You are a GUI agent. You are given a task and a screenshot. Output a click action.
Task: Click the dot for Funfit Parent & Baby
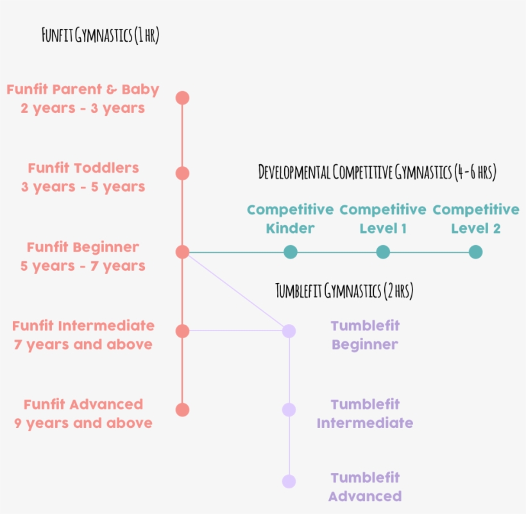(182, 98)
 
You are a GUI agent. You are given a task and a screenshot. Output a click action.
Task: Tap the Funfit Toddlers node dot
(182, 173)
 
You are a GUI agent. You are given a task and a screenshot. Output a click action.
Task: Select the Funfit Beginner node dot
(182, 252)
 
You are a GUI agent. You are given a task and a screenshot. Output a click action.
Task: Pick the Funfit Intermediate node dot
(182, 331)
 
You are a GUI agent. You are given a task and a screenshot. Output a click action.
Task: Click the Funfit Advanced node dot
(182, 409)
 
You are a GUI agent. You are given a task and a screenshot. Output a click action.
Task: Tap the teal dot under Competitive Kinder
(290, 252)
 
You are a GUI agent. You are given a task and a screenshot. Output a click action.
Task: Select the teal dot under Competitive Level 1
(383, 252)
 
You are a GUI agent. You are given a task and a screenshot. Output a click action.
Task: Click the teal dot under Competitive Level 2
(475, 252)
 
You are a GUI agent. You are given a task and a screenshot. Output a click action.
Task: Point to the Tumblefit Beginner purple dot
(289, 331)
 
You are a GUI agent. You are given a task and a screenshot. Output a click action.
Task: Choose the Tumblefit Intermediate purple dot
(289, 409)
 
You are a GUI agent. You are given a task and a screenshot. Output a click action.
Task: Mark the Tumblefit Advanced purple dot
(289, 481)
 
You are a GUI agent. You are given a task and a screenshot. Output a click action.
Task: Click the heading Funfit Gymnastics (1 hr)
(100, 35)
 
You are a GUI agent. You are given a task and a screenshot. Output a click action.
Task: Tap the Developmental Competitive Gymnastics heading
(377, 172)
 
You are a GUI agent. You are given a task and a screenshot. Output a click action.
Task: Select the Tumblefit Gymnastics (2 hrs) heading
(344, 291)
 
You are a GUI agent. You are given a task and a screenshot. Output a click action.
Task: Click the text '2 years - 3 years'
(83, 108)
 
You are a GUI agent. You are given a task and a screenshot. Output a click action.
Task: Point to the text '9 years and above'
(83, 423)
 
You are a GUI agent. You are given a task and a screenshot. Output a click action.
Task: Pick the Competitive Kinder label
(290, 219)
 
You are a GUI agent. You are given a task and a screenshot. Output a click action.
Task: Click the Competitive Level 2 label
(475, 219)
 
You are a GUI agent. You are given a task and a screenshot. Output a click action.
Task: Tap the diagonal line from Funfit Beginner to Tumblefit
(236, 292)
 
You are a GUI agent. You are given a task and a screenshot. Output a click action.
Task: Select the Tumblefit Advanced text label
(364, 486)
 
